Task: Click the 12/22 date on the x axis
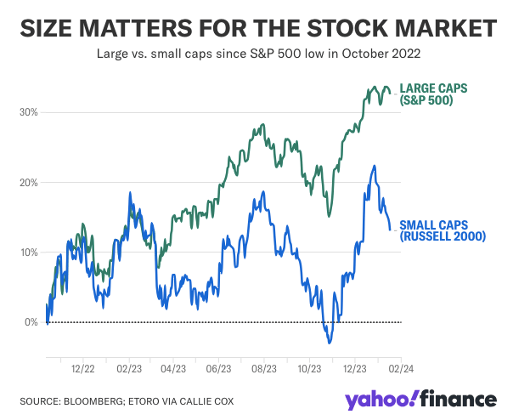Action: [82, 370]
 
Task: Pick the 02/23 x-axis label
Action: [128, 370]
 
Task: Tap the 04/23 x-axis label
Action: [172, 370]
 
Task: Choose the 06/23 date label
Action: [218, 370]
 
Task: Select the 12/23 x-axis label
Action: [354, 370]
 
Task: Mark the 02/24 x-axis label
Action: [400, 370]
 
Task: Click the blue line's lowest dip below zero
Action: [329, 342]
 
